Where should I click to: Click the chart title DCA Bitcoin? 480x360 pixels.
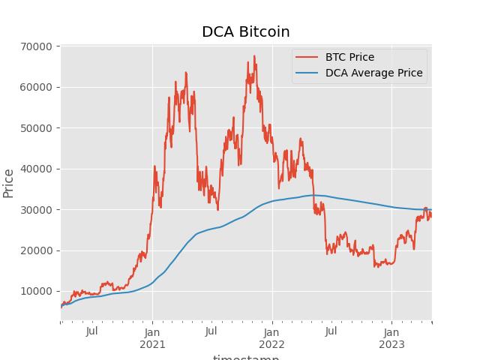click(x=245, y=31)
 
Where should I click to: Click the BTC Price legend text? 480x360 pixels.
click(x=349, y=57)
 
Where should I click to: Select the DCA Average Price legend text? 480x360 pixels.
click(x=373, y=73)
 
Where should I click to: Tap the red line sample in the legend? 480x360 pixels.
click(x=307, y=57)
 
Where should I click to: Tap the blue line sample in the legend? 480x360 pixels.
click(x=307, y=73)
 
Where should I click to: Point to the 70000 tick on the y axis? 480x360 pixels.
click(x=36, y=46)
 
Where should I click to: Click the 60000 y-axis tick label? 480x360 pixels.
click(x=36, y=87)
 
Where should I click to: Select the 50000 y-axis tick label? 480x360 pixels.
click(x=36, y=128)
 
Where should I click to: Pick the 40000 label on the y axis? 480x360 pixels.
click(x=36, y=169)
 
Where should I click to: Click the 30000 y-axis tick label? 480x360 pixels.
click(x=36, y=210)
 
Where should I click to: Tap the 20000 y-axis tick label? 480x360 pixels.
click(x=36, y=250)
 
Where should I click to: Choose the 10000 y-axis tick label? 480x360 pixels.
click(x=36, y=292)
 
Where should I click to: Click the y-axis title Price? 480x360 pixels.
click(x=9, y=183)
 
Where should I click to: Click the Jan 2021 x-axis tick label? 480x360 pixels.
click(x=152, y=337)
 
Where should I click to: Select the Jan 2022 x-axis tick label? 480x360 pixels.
click(x=272, y=337)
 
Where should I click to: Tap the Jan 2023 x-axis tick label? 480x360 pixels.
click(x=391, y=337)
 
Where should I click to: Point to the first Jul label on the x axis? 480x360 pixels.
click(x=91, y=331)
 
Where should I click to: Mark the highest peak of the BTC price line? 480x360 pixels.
click(x=254, y=55)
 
